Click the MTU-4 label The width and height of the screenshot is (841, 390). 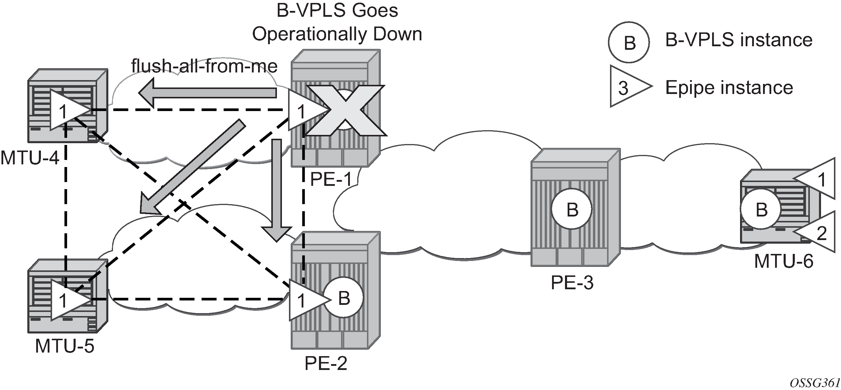point(30,158)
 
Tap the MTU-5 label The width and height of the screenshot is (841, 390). point(64,346)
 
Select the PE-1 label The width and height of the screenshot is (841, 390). point(331,179)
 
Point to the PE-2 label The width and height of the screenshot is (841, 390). point(325,363)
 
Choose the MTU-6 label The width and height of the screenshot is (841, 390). point(784,261)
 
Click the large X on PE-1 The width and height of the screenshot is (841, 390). point(345,110)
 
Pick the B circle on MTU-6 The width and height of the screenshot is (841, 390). point(761,209)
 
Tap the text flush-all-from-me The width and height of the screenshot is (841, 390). point(204,66)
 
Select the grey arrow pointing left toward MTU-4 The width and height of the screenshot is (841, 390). point(208,92)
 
